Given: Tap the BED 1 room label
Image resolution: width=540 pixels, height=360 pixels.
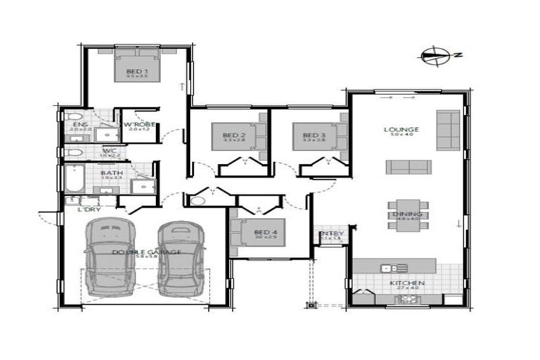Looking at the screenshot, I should click(136, 72).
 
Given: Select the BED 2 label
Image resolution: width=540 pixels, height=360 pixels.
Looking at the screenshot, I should click(233, 135).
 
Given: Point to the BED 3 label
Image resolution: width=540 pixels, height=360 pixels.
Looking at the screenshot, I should click(314, 135).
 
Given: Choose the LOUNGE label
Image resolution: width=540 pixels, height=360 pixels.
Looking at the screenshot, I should click(401, 129).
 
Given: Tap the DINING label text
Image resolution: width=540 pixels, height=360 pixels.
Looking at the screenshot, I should click(409, 214).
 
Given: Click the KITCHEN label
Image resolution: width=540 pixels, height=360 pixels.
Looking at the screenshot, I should click(407, 283).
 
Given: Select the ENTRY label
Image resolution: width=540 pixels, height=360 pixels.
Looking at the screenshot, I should click(330, 234).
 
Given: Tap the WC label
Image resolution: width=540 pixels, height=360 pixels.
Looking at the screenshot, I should click(109, 150).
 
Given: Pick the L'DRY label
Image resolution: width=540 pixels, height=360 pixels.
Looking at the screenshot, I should click(89, 210).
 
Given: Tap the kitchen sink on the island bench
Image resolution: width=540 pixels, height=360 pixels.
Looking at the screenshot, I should click(390, 268).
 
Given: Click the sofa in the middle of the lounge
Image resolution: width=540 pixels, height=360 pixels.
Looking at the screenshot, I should click(408, 167).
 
